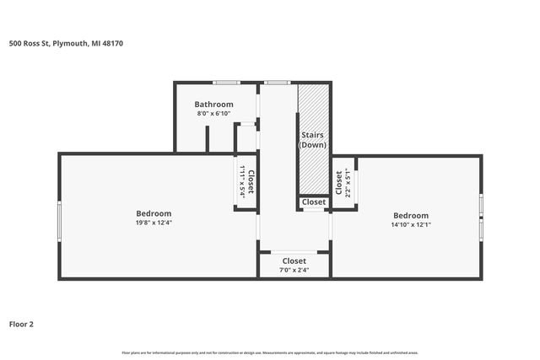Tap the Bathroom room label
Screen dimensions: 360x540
pyautogui.click(x=214, y=105)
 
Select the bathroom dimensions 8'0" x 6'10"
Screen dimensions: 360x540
pyautogui.click(x=214, y=114)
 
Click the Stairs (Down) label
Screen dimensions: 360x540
pyautogui.click(x=312, y=140)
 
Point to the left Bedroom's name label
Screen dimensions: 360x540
pyautogui.click(x=154, y=213)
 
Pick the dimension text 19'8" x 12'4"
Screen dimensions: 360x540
pyautogui.click(x=154, y=223)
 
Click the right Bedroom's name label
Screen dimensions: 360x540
pyautogui.click(x=410, y=215)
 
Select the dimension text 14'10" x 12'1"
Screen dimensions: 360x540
pyautogui.click(x=410, y=225)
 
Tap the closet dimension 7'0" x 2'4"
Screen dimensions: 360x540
pyautogui.click(x=294, y=271)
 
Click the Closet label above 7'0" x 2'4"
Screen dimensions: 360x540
pyautogui.click(x=294, y=261)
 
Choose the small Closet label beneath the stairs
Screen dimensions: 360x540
pyautogui.click(x=314, y=202)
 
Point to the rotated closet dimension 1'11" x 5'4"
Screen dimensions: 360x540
pyautogui.click(x=241, y=181)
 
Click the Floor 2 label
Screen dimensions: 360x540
pyautogui.click(x=21, y=323)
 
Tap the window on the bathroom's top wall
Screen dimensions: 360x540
pyautogui.click(x=225, y=83)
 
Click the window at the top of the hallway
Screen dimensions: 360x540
pyautogui.click(x=276, y=83)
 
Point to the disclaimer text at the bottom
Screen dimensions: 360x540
pyautogui.click(x=270, y=352)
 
